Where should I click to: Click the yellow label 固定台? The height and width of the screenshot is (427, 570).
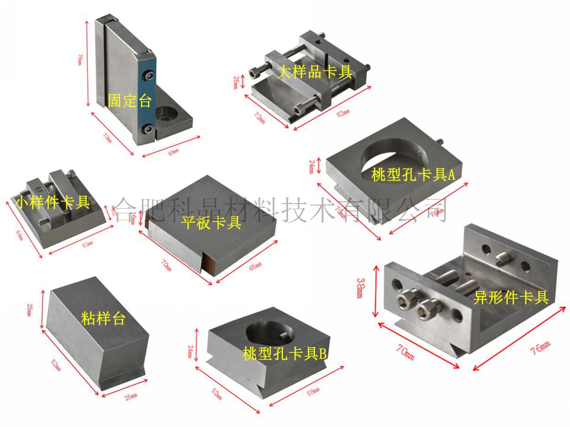pyautogui.click(x=130, y=100)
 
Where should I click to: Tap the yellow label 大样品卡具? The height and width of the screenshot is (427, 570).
pyautogui.click(x=315, y=72)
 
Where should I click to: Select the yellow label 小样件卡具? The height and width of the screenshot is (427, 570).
pyautogui.click(x=53, y=202)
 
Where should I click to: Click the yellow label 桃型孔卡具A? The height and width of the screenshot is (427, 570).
pyautogui.click(x=413, y=174)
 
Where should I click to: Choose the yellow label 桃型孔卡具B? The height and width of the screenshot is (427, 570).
pyautogui.click(x=285, y=353)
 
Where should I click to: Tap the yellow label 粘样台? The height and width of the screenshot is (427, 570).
pyautogui.click(x=103, y=318)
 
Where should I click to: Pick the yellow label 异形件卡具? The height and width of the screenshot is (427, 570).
pyautogui.click(x=511, y=298)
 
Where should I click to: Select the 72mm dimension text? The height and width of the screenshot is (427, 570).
pyautogui.click(x=259, y=117)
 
